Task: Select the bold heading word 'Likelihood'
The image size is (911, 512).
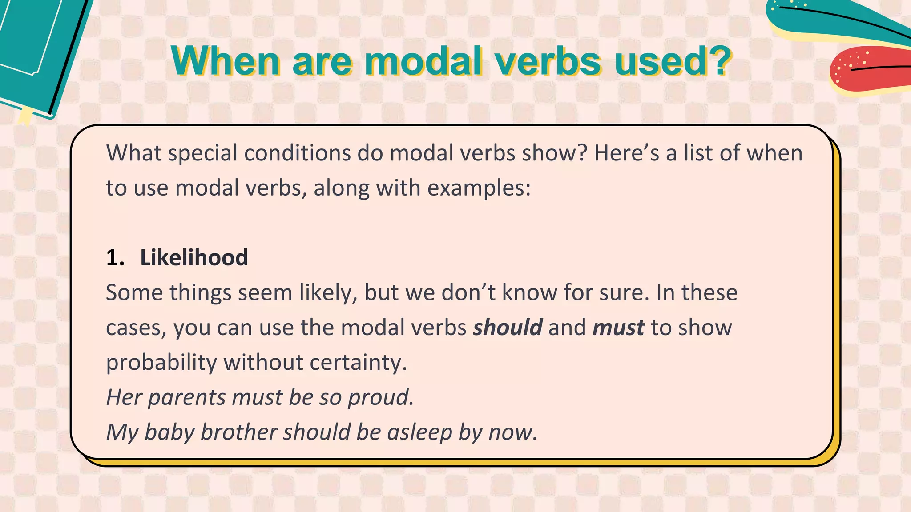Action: coord(194,258)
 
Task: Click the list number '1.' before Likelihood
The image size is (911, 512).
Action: coord(115,258)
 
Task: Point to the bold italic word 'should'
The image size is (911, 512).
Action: coord(508,328)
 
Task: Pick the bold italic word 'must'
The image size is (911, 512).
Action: coord(618,328)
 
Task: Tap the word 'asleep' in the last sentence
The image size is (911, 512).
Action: coord(419,432)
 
